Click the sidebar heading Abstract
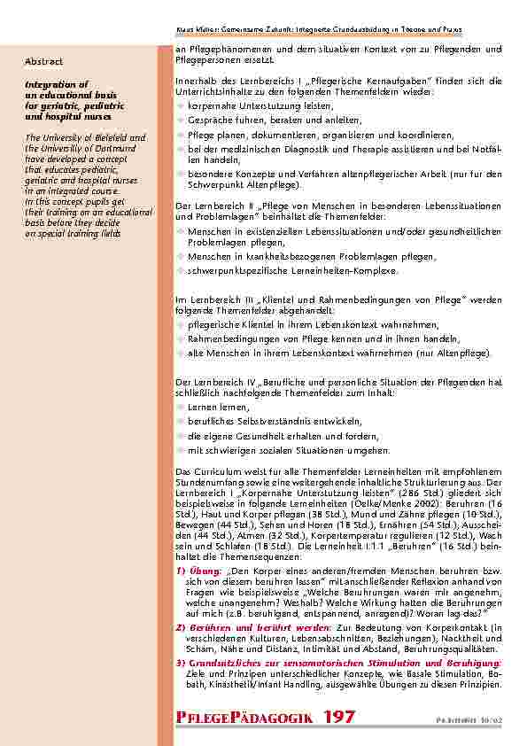tap(44, 61)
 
